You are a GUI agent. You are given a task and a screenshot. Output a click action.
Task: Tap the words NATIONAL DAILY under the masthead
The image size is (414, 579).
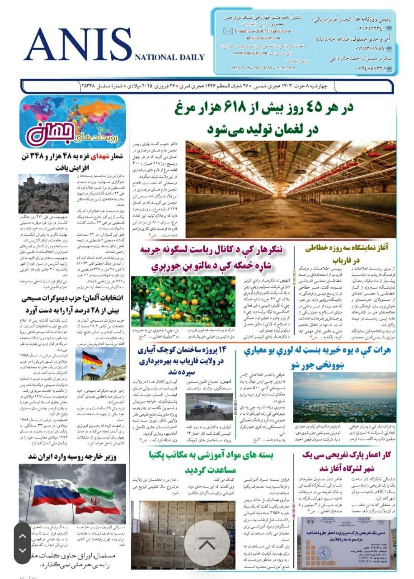click(x=169, y=57)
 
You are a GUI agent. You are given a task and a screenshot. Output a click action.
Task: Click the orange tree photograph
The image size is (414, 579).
click(x=183, y=295)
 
